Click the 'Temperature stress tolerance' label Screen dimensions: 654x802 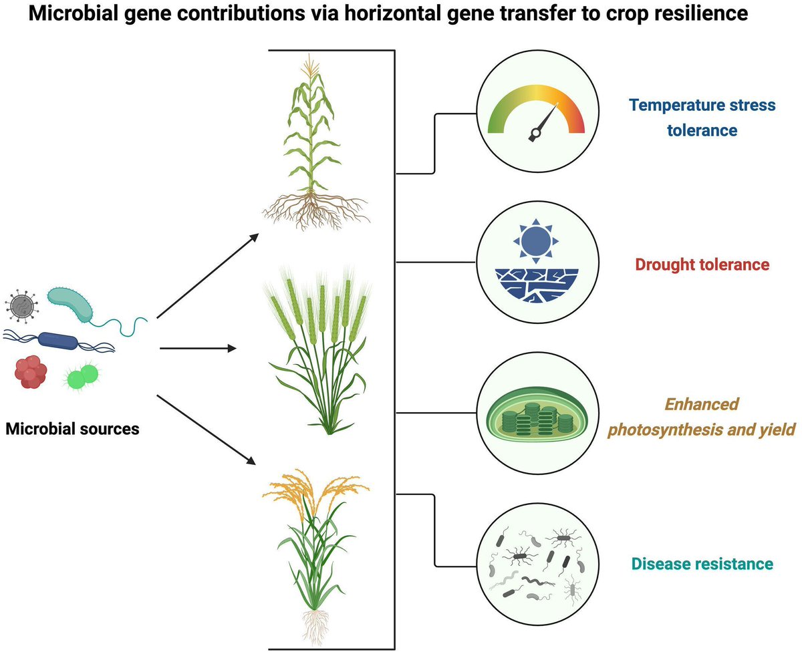pyautogui.click(x=702, y=117)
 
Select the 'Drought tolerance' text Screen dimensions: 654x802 pyautogui.click(x=702, y=265)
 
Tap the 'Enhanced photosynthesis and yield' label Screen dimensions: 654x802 pyautogui.click(x=701, y=418)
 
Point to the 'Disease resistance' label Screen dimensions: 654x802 pyautogui.click(x=702, y=564)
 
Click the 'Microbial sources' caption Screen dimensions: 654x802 pyautogui.click(x=72, y=428)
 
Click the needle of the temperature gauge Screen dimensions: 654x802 pyautogui.click(x=545, y=122)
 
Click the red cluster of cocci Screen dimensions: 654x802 pyautogui.click(x=30, y=372)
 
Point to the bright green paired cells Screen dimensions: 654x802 pyautogui.click(x=82, y=377)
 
